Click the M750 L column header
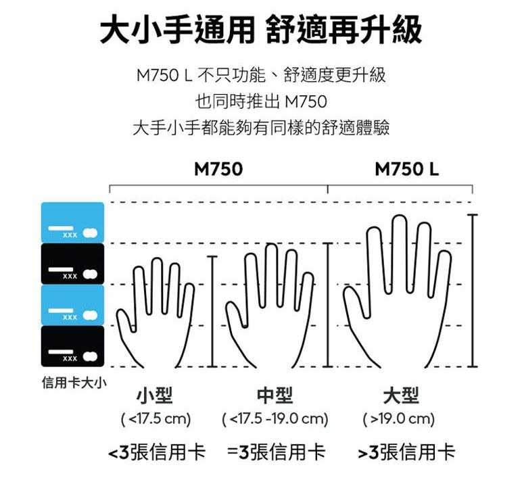pos(406,169)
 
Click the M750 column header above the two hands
pos(218,169)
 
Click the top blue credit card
pos(73,222)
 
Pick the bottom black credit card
pos(73,347)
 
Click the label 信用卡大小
pos(74,383)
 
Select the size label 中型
pos(275,396)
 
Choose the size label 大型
pos(400,396)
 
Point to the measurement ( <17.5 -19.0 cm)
pos(275,419)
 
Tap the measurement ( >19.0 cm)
pos(399,419)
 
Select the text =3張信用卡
pos(276,452)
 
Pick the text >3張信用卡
pos(406,452)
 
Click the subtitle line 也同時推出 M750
pos(260,103)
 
